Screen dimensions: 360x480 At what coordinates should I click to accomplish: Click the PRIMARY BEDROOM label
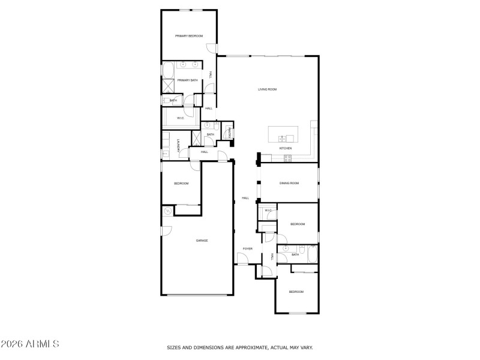(x=189, y=36)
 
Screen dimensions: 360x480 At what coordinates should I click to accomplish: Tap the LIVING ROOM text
(x=267, y=89)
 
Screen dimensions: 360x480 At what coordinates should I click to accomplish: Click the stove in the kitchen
(x=287, y=158)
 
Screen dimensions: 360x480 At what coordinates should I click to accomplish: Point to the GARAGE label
(x=202, y=241)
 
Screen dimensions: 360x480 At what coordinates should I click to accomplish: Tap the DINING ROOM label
(x=289, y=183)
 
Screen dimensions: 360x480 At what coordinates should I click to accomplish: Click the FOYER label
(x=247, y=248)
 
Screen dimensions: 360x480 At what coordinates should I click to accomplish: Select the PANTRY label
(x=230, y=131)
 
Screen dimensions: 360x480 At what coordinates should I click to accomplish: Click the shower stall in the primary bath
(x=168, y=85)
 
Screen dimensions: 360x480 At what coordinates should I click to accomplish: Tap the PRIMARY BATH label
(x=187, y=80)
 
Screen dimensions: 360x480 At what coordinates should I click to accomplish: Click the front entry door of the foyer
(x=244, y=259)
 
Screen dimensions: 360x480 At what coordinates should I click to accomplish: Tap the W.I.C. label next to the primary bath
(x=180, y=118)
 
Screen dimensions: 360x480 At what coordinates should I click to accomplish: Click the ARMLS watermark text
(x=30, y=344)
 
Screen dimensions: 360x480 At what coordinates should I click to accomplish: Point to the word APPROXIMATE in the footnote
(x=241, y=347)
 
